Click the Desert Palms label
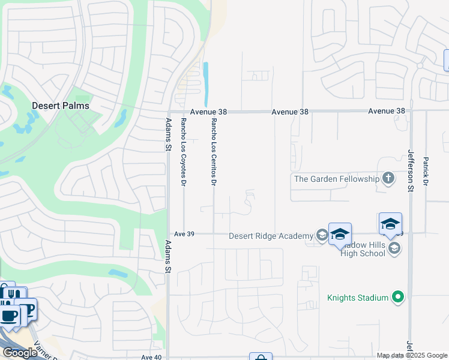(60, 106)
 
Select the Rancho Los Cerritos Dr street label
(213, 151)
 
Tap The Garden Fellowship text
(336, 179)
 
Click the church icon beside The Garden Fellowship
(388, 178)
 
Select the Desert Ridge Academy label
(271, 236)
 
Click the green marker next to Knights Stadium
(397, 296)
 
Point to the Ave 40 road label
(151, 357)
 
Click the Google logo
(20, 353)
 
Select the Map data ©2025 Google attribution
(412, 355)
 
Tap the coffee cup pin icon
(8, 316)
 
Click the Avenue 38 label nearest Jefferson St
(387, 111)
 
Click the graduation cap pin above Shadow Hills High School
(390, 224)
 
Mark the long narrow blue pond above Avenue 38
(206, 85)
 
